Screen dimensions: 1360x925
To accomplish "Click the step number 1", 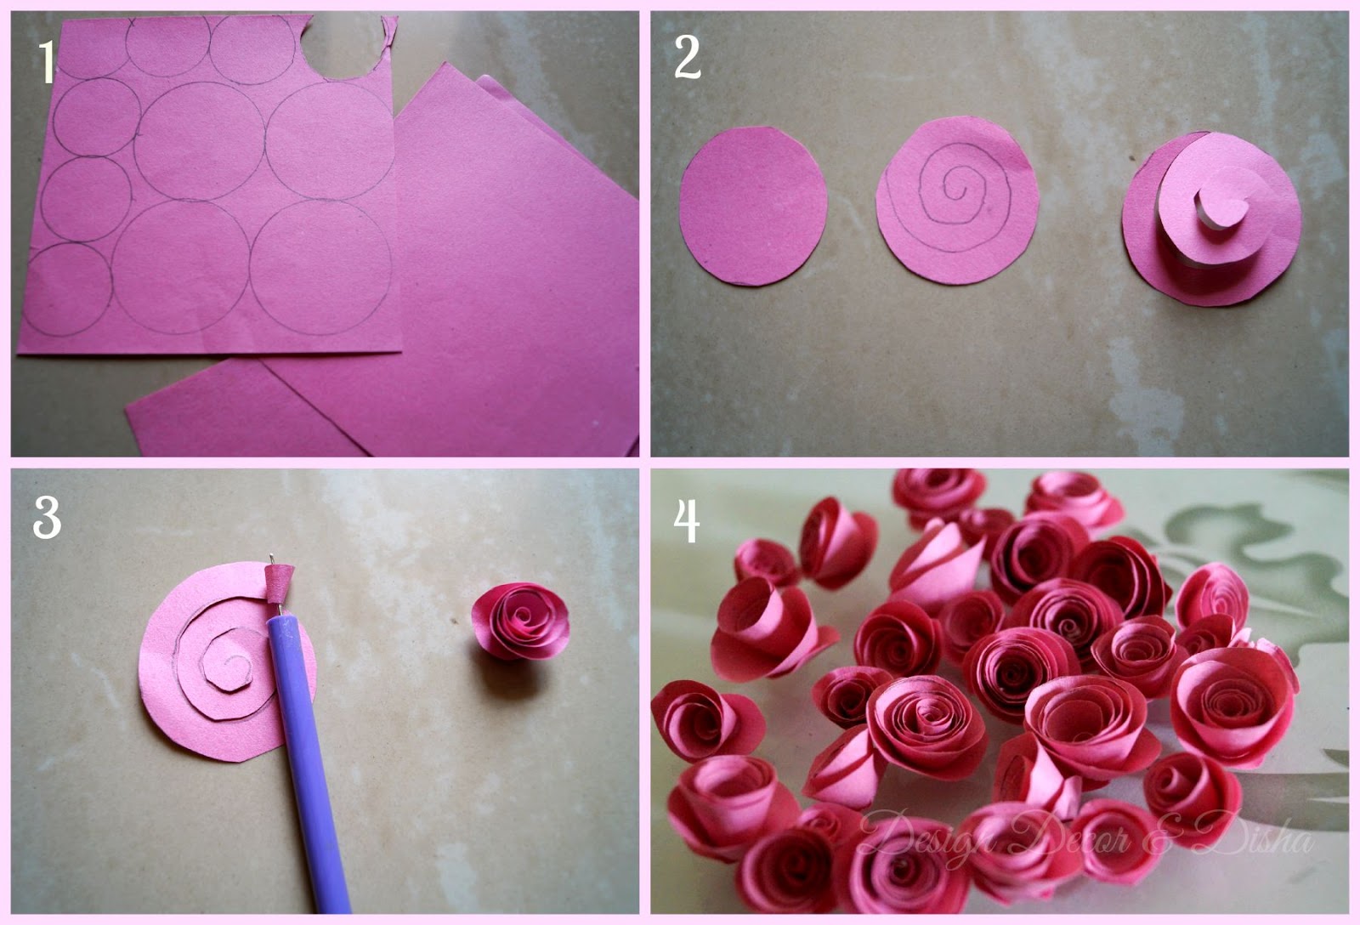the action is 47,61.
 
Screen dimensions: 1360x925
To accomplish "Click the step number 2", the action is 688,56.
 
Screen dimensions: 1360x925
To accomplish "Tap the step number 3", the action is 47,517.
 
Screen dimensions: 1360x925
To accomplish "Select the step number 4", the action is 687,521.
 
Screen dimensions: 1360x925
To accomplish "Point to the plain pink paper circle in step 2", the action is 753,206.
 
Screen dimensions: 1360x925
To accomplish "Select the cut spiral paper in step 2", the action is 1211,218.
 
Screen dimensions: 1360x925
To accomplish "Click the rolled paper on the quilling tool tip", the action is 280,584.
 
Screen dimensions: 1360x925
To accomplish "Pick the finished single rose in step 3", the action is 521,621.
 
